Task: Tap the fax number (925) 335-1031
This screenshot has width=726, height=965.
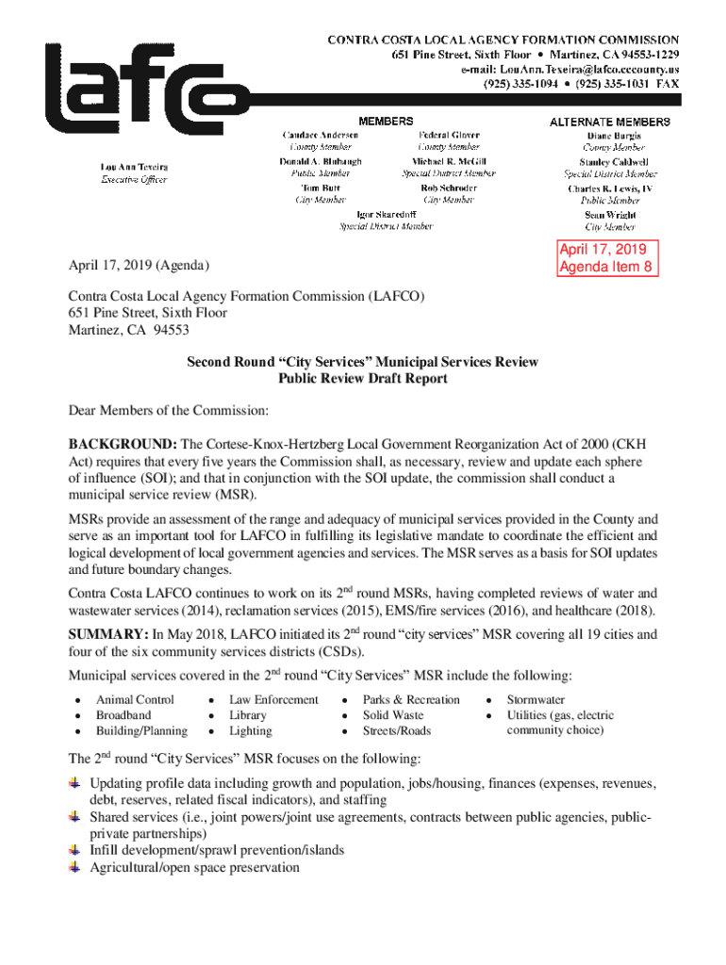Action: [x=614, y=84]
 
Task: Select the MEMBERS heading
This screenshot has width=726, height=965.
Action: [x=385, y=122]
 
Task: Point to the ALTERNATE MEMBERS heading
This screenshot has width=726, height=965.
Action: [x=610, y=122]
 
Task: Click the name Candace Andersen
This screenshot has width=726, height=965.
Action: [x=320, y=136]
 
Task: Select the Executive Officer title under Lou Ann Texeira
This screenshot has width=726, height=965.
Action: [x=135, y=180]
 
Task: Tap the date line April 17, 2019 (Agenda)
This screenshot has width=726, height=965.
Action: [x=139, y=267]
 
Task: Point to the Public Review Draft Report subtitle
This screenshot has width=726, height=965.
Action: [x=362, y=379]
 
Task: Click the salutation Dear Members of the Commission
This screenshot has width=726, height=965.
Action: [x=169, y=411]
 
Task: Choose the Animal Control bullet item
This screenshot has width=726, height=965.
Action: [x=135, y=699]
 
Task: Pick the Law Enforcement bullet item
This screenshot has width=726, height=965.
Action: [x=273, y=699]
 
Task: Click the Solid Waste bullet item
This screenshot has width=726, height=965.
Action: [x=393, y=715]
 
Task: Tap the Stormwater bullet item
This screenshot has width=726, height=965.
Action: [x=536, y=699]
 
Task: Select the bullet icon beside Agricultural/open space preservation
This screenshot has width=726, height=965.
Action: [x=74, y=866]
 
